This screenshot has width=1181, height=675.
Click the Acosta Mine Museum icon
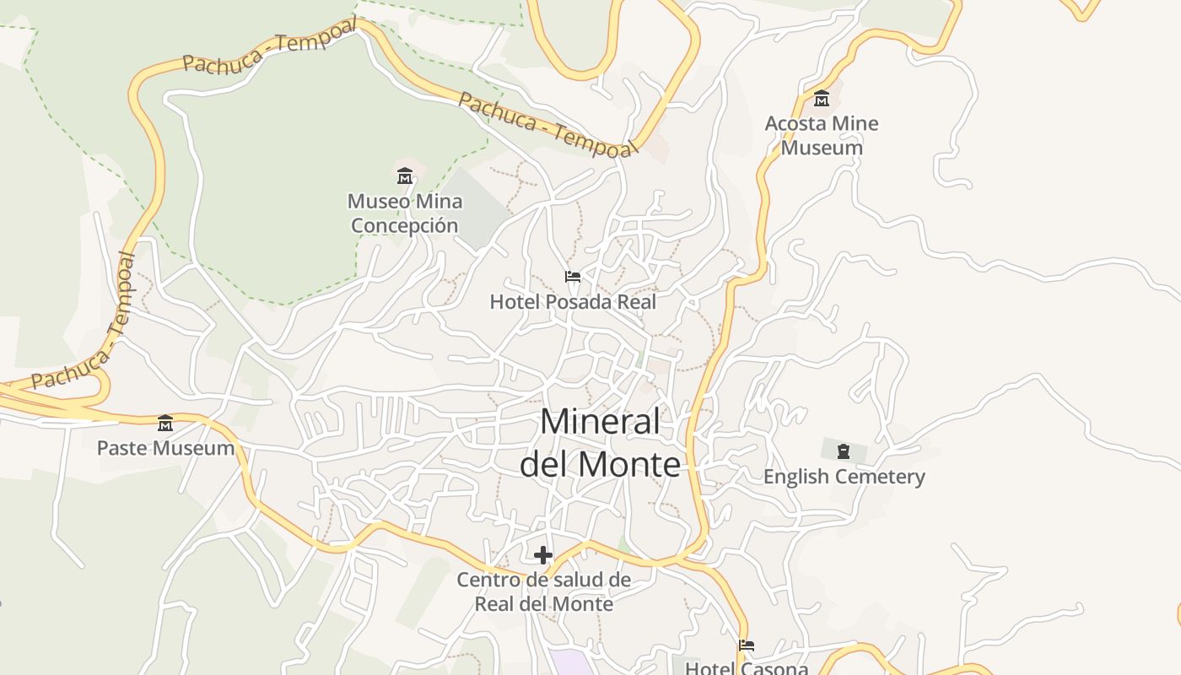click(822, 99)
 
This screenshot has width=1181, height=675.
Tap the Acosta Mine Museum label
click(821, 136)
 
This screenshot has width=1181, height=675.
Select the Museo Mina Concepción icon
click(405, 176)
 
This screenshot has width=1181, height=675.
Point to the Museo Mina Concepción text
click(405, 213)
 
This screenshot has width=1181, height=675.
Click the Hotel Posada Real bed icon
click(573, 277)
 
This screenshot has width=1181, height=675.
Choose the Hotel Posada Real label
click(573, 301)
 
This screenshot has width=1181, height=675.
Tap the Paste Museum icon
click(165, 423)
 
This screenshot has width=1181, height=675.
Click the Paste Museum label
click(165, 448)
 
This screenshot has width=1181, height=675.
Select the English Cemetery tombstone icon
click(843, 451)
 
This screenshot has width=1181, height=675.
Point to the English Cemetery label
click(844, 477)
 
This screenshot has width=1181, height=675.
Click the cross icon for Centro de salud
click(543, 554)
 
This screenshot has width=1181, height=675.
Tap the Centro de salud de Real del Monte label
click(543, 591)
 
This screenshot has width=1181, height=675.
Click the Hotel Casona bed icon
click(746, 645)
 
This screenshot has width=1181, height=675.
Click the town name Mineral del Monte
click(600, 443)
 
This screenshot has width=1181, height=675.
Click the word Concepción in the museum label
click(405, 226)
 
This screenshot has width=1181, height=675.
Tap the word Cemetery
click(880, 477)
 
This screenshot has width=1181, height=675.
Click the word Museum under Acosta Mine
click(821, 148)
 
